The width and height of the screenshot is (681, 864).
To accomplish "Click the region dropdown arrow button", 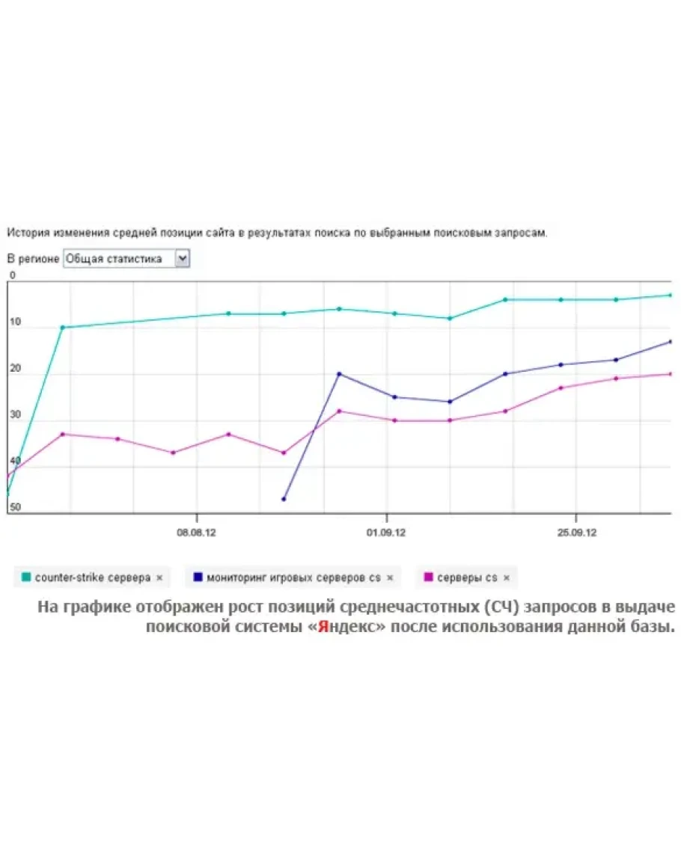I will point(182,259).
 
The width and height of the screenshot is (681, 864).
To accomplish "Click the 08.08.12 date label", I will point(196,533).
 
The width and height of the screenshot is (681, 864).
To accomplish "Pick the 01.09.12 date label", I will point(386,533).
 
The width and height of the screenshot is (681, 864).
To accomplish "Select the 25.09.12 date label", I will point(575,533).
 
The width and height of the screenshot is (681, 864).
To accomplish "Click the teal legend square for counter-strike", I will point(27,577).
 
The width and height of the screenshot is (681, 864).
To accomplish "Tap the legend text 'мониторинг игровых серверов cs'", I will point(294,577).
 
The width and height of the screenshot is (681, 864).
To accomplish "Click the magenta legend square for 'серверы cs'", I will point(429,577).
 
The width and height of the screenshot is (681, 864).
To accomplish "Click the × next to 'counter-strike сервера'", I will point(159,578).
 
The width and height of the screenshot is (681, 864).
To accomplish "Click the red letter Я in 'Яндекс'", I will point(323,627).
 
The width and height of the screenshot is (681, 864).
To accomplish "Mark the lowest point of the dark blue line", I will point(284,499).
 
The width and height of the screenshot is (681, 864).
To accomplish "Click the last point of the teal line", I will point(670,295).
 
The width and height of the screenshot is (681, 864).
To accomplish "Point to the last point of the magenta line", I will point(670,374).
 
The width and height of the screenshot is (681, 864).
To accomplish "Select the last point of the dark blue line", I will point(670,342).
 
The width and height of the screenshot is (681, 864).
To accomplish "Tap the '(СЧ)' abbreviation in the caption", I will point(501,606).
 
